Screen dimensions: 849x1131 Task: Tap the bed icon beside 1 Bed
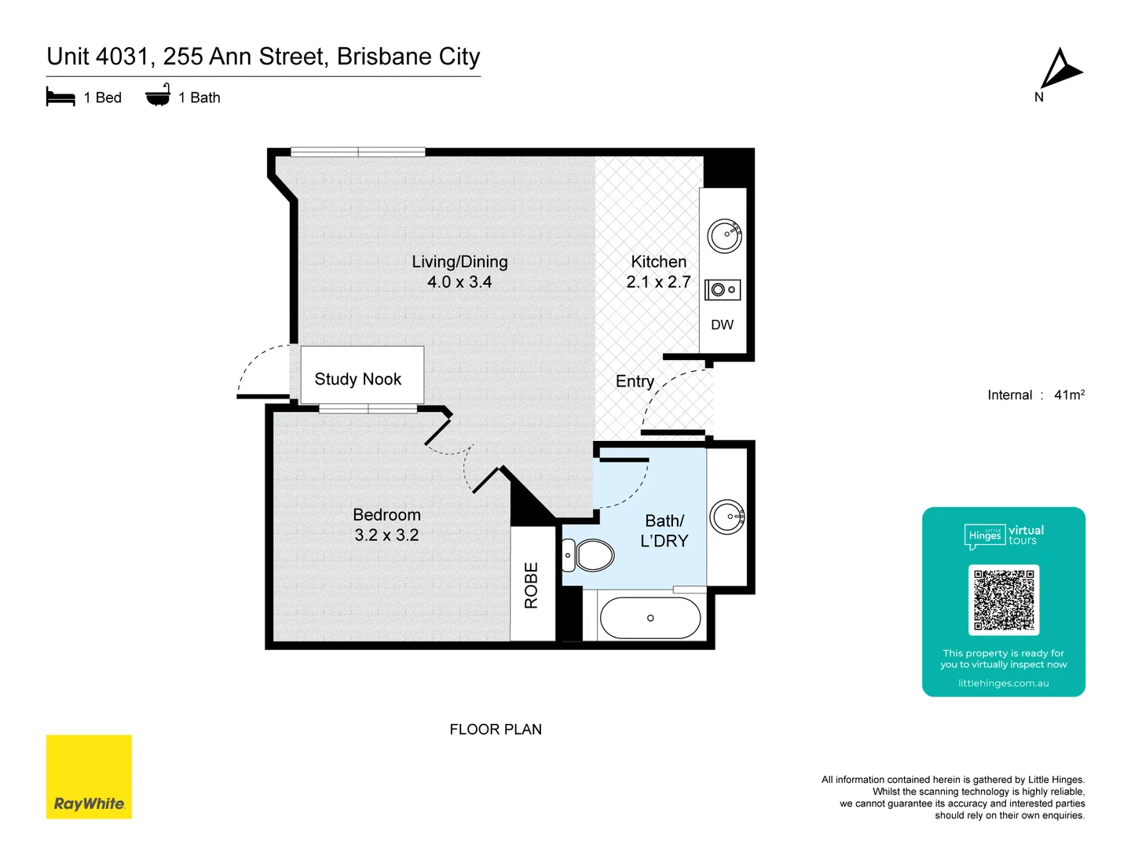60,97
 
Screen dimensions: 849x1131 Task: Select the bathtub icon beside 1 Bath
158,95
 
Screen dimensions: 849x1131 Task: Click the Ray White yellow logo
89,777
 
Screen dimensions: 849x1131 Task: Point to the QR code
1004,600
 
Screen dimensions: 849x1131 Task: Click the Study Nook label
358,379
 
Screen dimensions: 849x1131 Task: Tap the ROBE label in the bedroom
532,585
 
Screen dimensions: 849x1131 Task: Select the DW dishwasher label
722,325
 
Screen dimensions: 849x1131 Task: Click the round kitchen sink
724,235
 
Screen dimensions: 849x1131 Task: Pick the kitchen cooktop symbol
723,290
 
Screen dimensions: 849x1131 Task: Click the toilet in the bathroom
590,556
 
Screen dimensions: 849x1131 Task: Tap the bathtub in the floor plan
650,618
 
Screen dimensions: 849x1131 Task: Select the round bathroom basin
727,516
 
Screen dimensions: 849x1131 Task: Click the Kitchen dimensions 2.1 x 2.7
658,282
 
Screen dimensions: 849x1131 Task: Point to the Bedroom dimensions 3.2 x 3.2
386,535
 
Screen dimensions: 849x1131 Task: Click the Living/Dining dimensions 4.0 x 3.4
459,282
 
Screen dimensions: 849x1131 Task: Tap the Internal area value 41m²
1069,395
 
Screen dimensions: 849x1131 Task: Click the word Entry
635,381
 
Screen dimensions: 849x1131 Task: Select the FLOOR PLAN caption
496,730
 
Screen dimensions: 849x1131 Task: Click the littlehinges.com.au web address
1003,683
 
